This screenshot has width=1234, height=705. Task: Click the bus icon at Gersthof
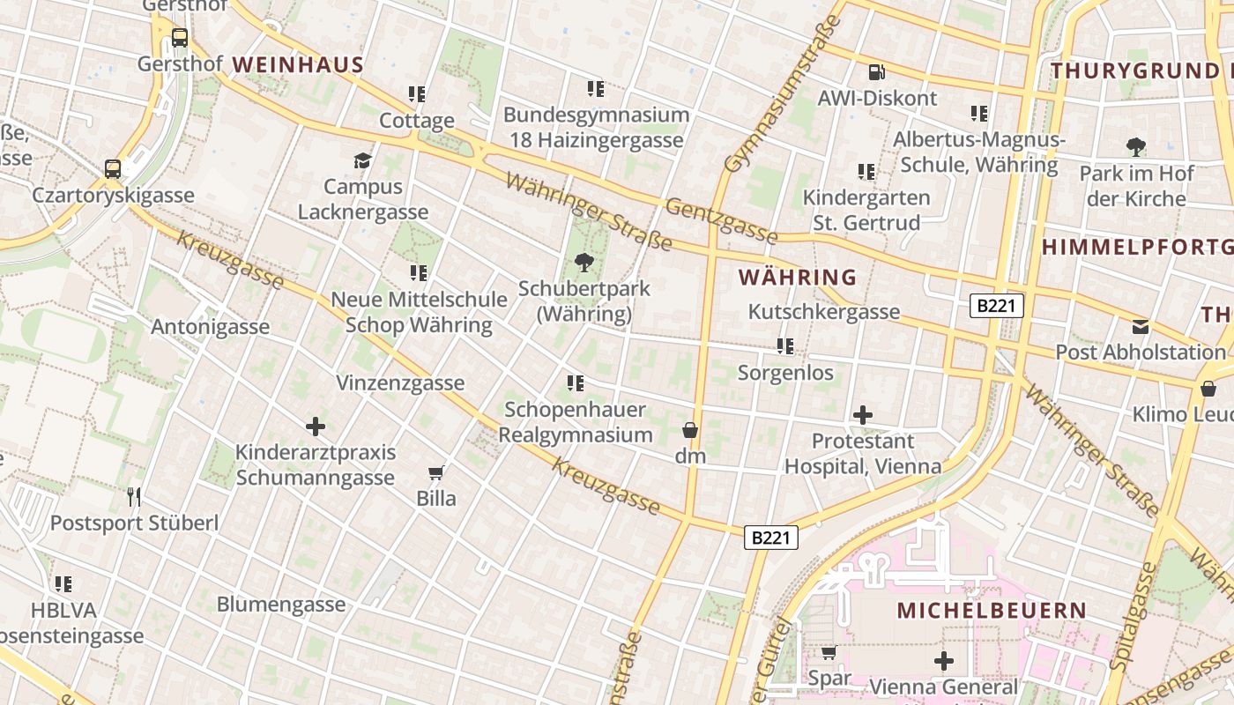(x=180, y=38)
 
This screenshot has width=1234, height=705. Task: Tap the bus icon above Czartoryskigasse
(x=113, y=168)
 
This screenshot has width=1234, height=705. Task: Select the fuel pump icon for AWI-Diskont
(x=876, y=72)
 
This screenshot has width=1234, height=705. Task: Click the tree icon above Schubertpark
(x=584, y=262)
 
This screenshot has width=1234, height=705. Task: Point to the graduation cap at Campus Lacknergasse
(x=362, y=160)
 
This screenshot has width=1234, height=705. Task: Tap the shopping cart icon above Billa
(x=436, y=472)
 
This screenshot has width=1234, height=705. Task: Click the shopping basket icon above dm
(x=690, y=430)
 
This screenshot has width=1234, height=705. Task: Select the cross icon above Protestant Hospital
(x=863, y=415)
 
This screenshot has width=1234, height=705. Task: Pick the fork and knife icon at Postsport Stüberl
(x=134, y=497)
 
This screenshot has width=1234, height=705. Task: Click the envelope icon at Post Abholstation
(x=1141, y=327)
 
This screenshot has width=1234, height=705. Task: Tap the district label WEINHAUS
(x=298, y=64)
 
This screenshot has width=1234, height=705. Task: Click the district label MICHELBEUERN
(x=992, y=610)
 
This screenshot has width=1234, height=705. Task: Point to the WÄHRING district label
(x=797, y=277)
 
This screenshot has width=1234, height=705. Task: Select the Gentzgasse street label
(x=721, y=220)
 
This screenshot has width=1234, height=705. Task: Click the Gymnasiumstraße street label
(x=781, y=95)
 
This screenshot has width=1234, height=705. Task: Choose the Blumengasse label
(x=281, y=605)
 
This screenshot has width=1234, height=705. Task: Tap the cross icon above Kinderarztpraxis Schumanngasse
(x=315, y=427)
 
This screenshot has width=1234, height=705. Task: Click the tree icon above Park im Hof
(x=1136, y=147)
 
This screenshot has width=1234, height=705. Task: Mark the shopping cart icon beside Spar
(x=829, y=653)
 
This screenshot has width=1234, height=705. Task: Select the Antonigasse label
(x=210, y=327)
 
